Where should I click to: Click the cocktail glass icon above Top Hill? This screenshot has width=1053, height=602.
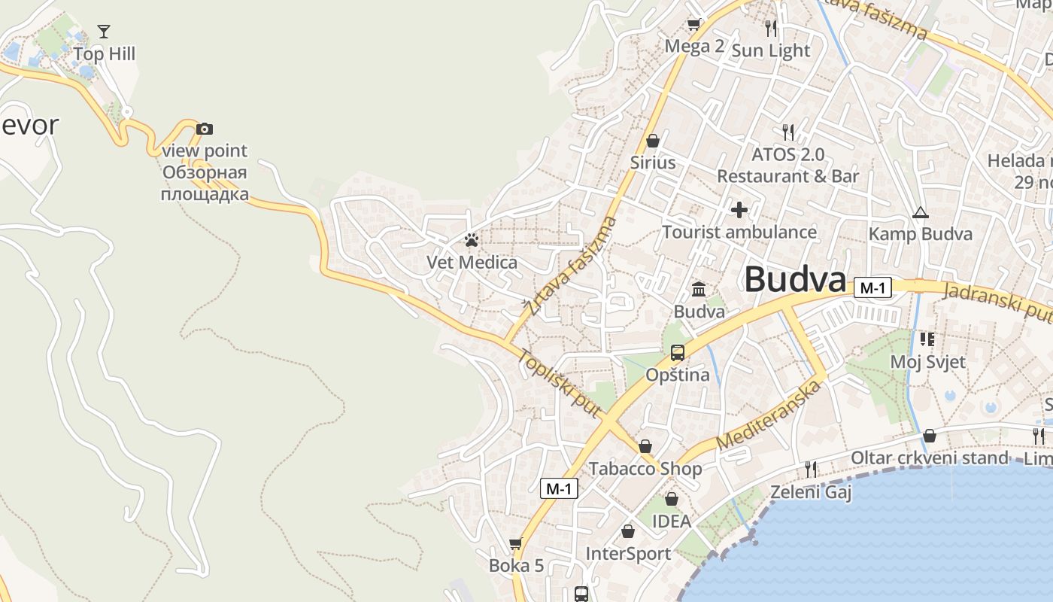coord(104,32)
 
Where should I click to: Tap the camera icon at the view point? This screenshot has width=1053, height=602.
coord(205,129)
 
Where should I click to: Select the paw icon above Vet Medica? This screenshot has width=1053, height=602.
coord(472,240)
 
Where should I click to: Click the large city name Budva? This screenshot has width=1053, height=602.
coord(796,280)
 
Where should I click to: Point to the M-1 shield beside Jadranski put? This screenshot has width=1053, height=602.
coord(873,287)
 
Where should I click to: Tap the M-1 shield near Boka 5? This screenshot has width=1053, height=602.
coord(559,488)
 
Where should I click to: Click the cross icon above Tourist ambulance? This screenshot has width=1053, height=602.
coord(739,209)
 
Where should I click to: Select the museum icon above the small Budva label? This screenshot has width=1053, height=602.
coord(699,289)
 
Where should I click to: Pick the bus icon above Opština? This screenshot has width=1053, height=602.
coord(678,352)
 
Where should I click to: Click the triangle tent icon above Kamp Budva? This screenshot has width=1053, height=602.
coord(920,212)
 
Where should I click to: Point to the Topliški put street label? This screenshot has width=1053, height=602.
coord(559,383)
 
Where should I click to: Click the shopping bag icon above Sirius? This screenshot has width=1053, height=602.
coord(653,141)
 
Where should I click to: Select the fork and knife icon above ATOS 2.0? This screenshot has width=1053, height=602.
coord(788,132)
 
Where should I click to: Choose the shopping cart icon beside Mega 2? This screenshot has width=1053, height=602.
coord(693,25)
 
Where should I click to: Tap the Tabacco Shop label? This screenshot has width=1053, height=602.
coord(645,468)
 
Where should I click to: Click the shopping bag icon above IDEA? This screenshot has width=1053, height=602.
coord(672,499)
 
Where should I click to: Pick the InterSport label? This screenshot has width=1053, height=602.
coord(628,554)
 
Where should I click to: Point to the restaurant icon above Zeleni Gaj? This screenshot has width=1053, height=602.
coord(810,470)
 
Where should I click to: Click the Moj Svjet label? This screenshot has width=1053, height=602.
coord(927,362)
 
